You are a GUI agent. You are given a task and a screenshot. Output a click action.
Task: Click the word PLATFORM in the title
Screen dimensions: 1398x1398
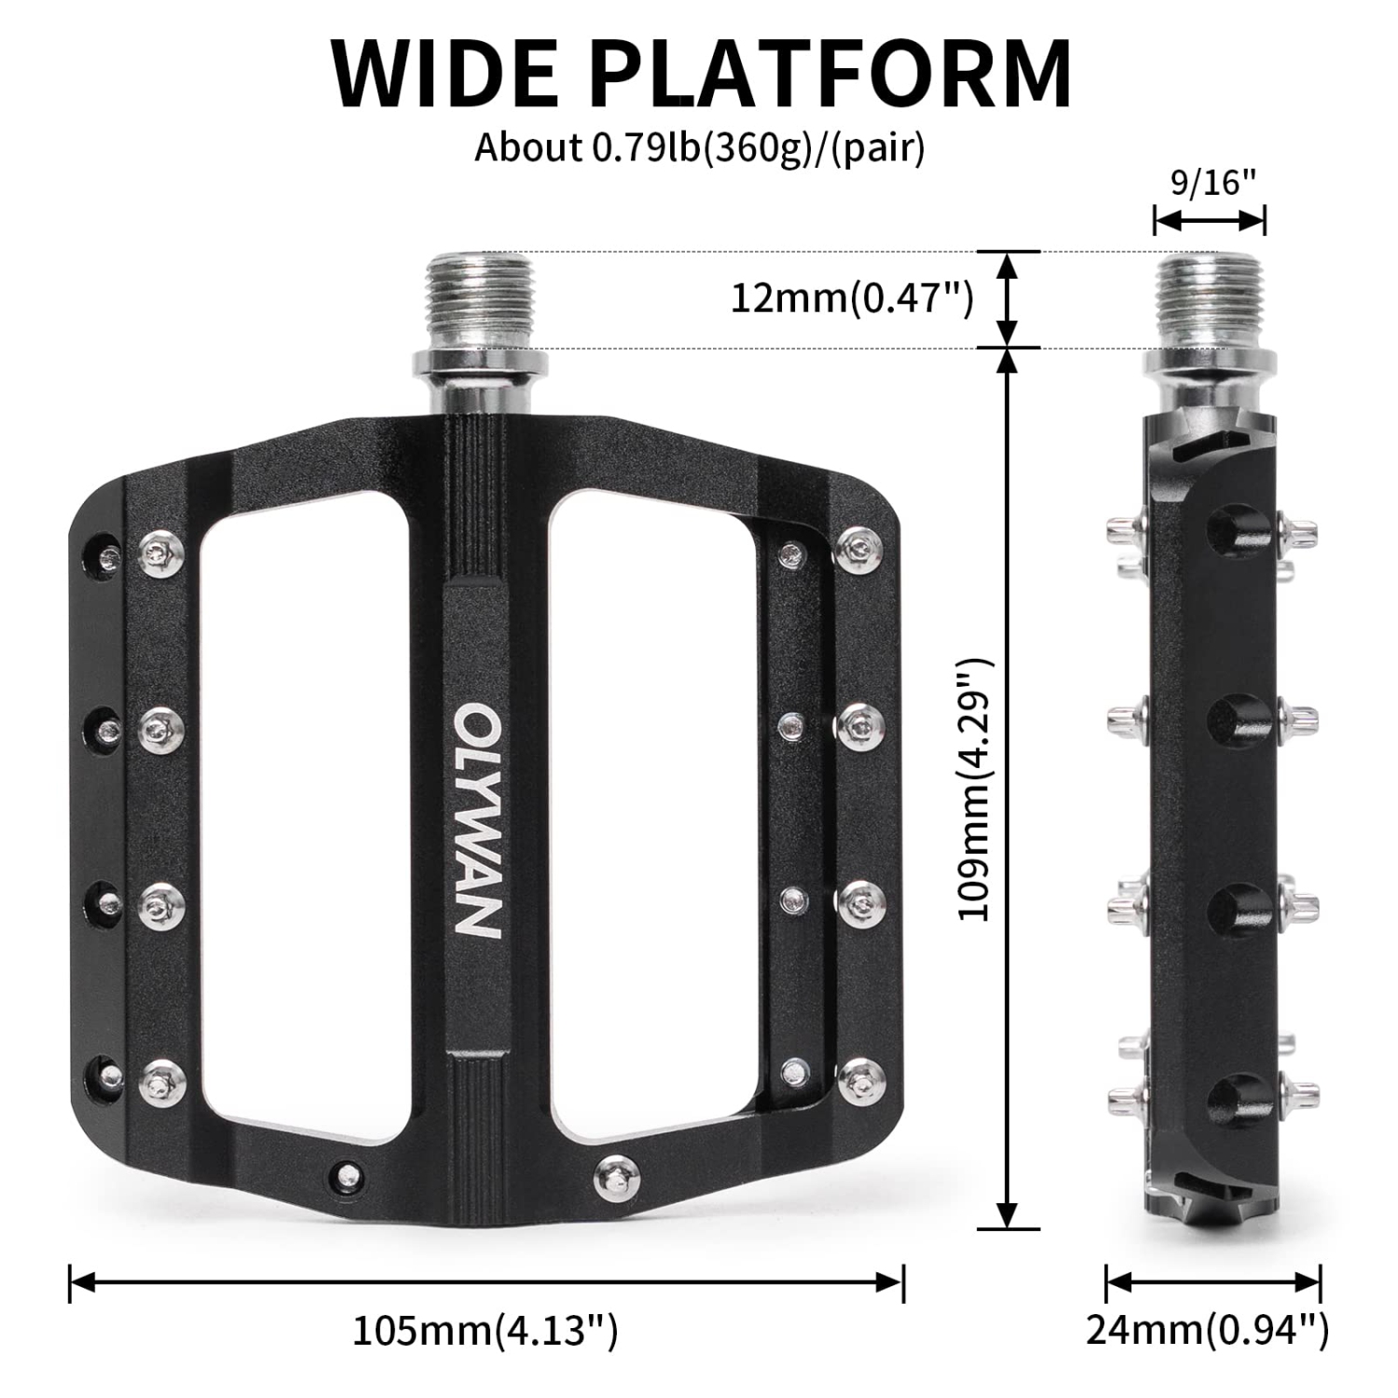pyautogui.click(x=835, y=75)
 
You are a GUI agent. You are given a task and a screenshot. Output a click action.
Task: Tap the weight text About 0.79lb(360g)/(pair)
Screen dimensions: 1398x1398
pyautogui.click(x=699, y=147)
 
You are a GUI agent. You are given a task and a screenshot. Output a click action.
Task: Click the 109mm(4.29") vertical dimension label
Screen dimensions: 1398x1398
pyautogui.click(x=977, y=788)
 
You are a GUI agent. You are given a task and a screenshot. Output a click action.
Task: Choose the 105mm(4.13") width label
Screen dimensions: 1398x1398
pyautogui.click(x=485, y=1331)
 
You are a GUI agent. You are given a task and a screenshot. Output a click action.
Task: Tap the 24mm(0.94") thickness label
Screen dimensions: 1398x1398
pyautogui.click(x=1208, y=1331)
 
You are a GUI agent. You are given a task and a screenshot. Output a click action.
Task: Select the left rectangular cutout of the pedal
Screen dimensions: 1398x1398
pyautogui.click(x=303, y=811)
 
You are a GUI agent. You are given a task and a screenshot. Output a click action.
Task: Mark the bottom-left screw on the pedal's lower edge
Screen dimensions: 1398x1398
pyautogui.click(x=348, y=1172)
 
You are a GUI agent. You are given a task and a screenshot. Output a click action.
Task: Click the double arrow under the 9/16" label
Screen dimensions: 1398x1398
pyautogui.click(x=1209, y=221)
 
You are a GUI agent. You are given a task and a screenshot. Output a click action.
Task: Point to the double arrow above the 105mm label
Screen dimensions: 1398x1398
pyautogui.click(x=486, y=1282)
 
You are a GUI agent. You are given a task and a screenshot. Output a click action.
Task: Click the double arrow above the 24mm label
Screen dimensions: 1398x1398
pyautogui.click(x=1213, y=1282)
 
